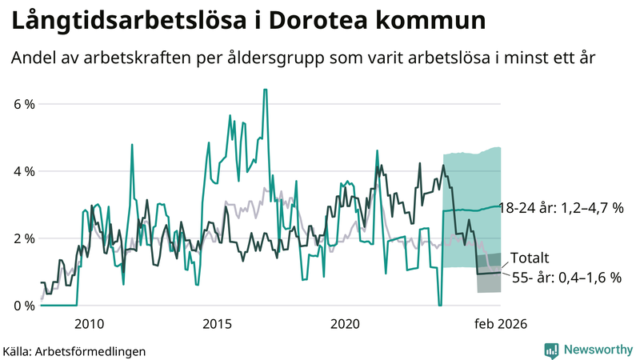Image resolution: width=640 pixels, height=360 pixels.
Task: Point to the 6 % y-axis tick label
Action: click(22, 104)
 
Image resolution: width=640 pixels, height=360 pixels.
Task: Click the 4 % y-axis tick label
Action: click(22, 171)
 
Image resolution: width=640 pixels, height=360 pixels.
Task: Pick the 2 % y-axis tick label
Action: click(22, 238)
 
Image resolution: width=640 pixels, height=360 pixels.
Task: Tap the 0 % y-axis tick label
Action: click(22, 306)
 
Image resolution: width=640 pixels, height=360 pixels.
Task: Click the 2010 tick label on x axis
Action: click(89, 323)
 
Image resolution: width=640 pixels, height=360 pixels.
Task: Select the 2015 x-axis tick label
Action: click(217, 323)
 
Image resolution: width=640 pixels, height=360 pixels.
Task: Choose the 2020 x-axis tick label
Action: click(345, 323)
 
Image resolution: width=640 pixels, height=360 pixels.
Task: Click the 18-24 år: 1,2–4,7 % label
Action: click(560, 208)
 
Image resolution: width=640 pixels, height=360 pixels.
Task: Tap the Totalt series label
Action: click(530, 258)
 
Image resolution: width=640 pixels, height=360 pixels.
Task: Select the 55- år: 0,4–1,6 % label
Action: click(566, 278)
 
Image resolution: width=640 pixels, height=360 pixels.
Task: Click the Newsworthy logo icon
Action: click(551, 350)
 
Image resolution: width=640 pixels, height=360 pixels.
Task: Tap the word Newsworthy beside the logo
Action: click(597, 350)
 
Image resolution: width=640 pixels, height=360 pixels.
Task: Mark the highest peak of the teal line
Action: click(265, 90)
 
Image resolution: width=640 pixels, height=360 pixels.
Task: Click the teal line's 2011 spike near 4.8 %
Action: click(131, 145)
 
